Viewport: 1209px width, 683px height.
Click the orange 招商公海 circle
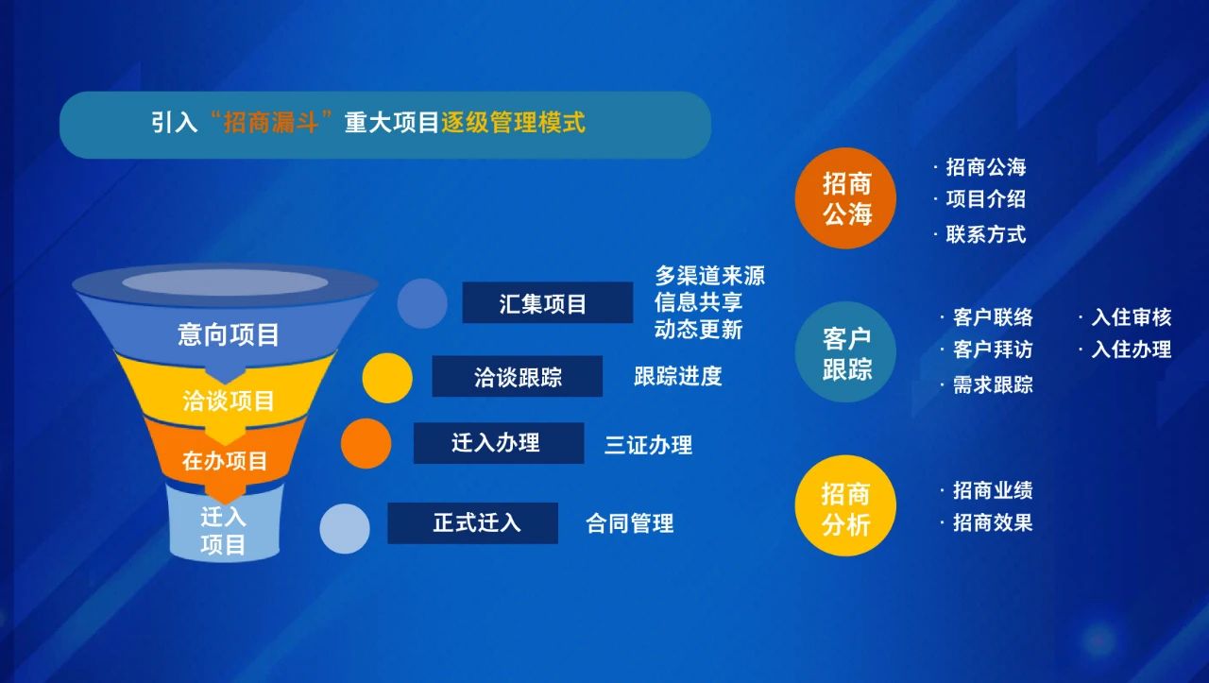[x=845, y=198]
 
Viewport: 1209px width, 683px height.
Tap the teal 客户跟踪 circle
[x=845, y=352]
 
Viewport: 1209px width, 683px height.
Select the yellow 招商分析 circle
[x=845, y=505]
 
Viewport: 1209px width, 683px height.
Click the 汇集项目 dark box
[x=547, y=302]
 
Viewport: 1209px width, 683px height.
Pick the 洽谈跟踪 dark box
[x=517, y=376]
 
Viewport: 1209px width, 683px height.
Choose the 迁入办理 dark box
[x=499, y=443]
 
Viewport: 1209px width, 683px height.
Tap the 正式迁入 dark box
[x=473, y=523]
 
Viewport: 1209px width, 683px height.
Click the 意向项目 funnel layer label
[x=228, y=334]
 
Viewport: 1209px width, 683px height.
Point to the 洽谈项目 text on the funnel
[x=229, y=401]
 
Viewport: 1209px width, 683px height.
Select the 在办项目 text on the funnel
[x=225, y=461]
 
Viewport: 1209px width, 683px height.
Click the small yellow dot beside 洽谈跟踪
[x=387, y=378]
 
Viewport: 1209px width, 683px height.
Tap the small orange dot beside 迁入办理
[x=366, y=443]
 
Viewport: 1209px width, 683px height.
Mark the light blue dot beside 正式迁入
[x=345, y=529]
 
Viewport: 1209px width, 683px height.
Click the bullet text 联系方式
[x=985, y=235]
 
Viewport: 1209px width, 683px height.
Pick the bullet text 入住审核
[x=1132, y=317]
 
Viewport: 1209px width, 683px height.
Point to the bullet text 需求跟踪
[x=993, y=385]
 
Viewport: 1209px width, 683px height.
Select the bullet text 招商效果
[x=993, y=522]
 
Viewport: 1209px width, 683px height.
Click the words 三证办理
[x=648, y=446]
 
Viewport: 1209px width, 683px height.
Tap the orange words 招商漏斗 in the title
[x=270, y=123]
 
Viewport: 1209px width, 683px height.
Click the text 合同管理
[x=629, y=523]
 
